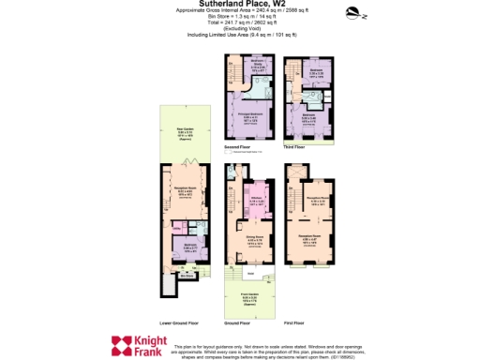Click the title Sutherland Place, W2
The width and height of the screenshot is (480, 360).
239,4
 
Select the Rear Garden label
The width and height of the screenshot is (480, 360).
185,130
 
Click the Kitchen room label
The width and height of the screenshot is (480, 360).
254,199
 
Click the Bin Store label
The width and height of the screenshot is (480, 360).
186,276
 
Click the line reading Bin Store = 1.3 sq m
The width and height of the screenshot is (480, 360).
239,17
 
